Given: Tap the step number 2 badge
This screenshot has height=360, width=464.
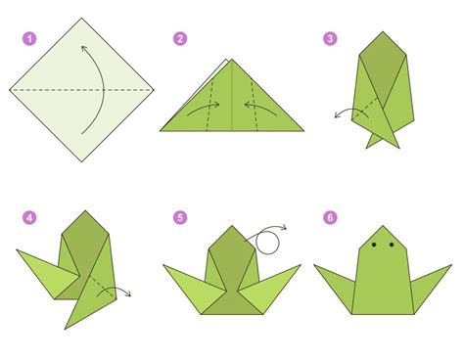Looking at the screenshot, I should pyautogui.click(x=180, y=40).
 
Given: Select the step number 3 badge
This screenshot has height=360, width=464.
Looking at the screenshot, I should pyautogui.click(x=330, y=40).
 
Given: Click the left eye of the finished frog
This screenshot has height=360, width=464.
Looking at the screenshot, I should pyautogui.click(x=377, y=245).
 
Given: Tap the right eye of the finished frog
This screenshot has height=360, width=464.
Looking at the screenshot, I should pyautogui.click(x=392, y=245).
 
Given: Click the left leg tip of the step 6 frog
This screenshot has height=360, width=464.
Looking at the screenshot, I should pyautogui.click(x=316, y=263).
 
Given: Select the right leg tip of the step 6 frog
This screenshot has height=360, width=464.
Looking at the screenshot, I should pyautogui.click(x=452, y=263).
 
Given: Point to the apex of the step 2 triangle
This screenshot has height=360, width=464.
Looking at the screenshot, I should pyautogui.click(x=230, y=61).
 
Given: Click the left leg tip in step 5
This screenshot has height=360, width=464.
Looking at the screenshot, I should pyautogui.click(x=163, y=262).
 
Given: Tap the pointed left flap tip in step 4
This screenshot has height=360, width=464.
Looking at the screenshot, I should pyautogui.click(x=17, y=252).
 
